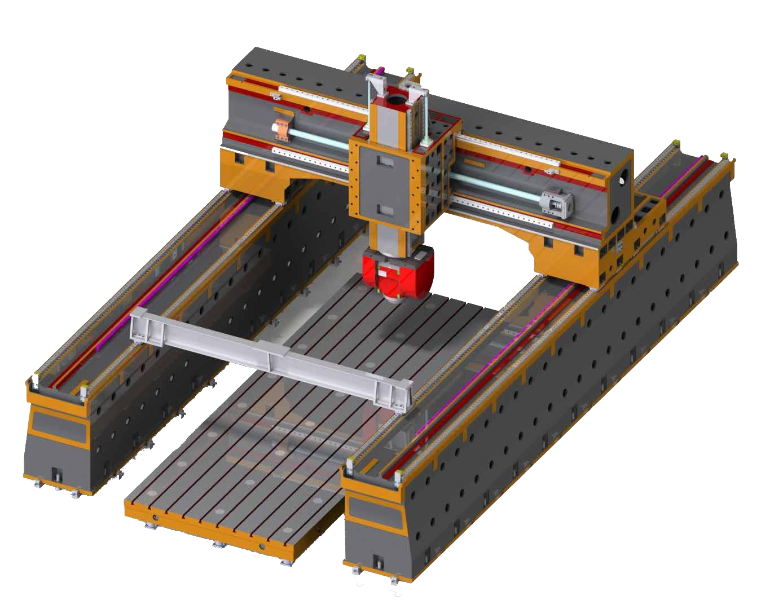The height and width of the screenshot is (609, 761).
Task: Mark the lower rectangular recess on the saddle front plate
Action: pos(385,210)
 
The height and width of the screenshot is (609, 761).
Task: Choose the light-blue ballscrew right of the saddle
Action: pos(496,187)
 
